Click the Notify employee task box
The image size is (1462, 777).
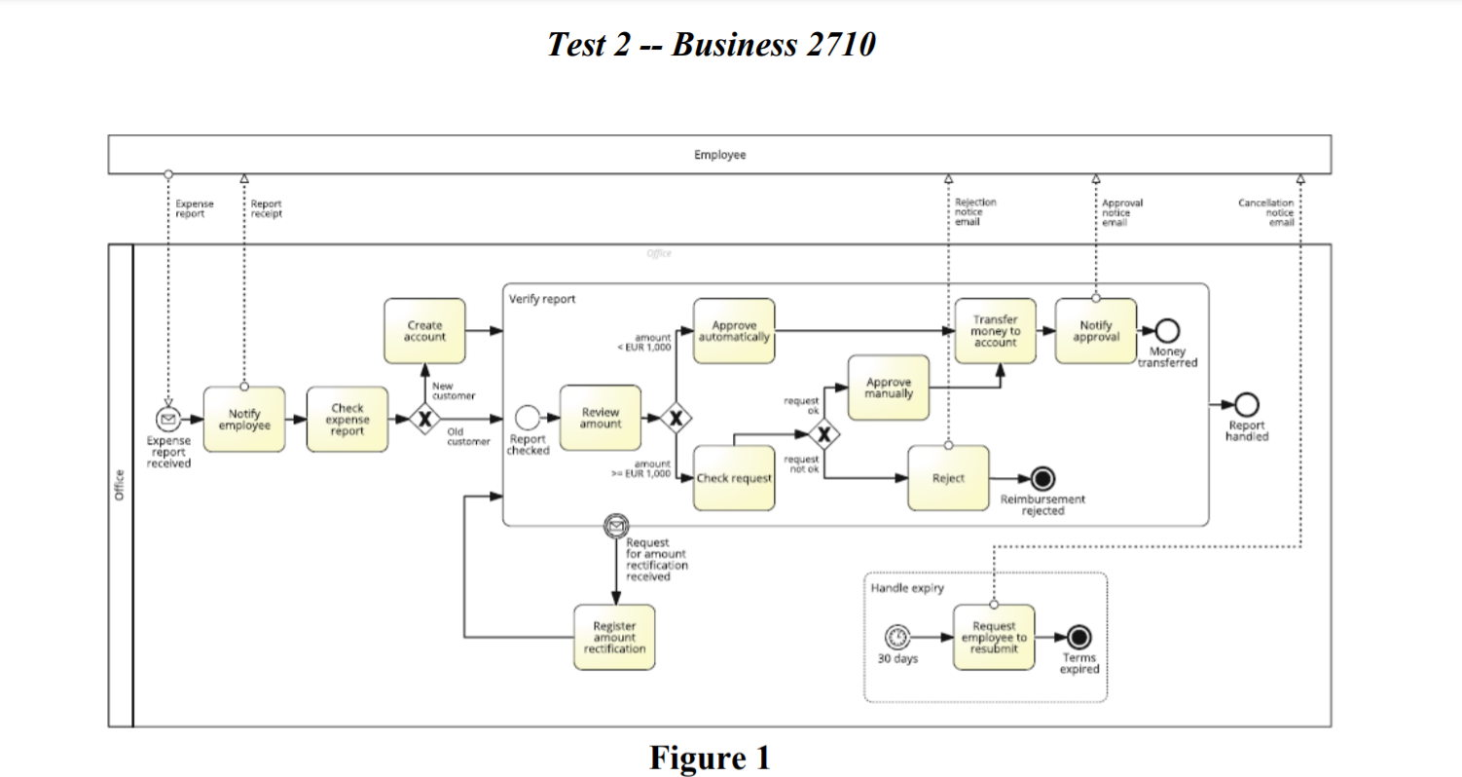coord(244,420)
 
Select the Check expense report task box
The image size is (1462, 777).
coord(347,420)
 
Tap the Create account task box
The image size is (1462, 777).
coord(424,331)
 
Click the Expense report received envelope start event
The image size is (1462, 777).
coord(168,420)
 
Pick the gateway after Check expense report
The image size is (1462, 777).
coord(424,420)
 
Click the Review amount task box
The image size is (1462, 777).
coord(601,419)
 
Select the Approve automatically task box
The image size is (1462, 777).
coord(734,331)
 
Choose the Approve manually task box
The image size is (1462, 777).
coord(889,388)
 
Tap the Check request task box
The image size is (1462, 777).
coord(734,478)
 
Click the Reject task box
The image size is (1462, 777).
coord(948,478)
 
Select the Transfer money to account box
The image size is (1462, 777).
coord(995,331)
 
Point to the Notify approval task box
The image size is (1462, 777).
coord(1096,331)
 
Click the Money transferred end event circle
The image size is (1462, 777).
coord(1167,331)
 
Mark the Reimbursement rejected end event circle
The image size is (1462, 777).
coord(1042,478)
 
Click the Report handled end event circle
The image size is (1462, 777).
coord(1246,404)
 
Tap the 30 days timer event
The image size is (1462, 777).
coord(896,638)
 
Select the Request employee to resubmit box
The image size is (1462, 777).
coord(994,638)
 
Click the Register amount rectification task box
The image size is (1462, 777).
coord(614,638)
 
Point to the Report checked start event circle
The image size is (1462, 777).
coord(527,419)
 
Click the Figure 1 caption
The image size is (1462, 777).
coord(710,757)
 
